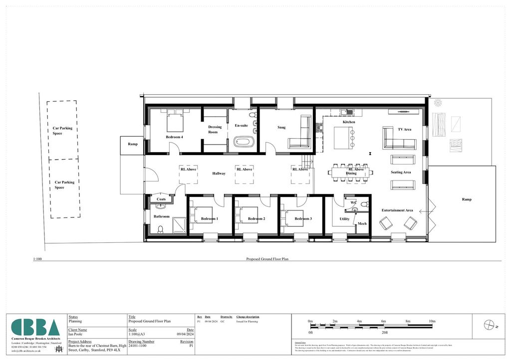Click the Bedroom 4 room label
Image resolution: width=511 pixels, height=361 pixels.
pos(174,137)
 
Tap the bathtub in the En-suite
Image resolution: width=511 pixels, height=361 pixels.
pos(244,142)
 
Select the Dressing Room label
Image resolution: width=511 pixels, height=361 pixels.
pos(215,129)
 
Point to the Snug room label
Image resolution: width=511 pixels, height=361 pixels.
pos(281,128)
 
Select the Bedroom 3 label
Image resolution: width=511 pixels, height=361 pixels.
pos(303,219)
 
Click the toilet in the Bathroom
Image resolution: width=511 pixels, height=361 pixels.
pos(160,229)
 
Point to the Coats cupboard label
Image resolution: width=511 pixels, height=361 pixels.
pos(161,199)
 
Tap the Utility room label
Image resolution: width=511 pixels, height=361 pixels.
pos(345,219)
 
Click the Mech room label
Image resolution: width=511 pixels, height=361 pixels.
pos(362,223)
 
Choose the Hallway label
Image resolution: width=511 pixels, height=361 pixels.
pos(219,174)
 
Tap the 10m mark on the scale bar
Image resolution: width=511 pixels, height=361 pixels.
pos(432,321)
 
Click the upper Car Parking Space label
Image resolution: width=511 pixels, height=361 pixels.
pos(62,131)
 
